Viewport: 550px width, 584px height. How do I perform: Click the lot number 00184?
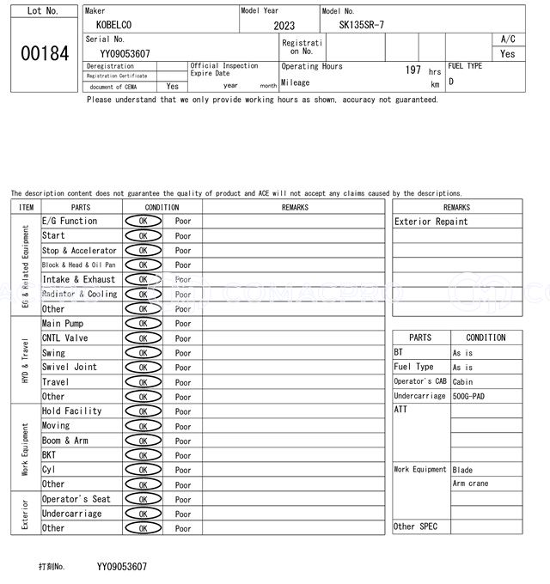click(43, 53)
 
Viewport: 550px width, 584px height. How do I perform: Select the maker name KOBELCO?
click(114, 25)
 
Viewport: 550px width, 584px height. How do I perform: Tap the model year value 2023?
click(284, 26)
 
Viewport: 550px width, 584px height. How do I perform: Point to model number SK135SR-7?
click(362, 25)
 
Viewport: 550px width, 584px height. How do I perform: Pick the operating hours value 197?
click(412, 70)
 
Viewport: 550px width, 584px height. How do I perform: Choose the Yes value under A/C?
click(508, 53)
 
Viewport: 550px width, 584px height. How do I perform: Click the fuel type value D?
click(451, 82)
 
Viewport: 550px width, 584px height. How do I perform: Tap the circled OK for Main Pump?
click(143, 324)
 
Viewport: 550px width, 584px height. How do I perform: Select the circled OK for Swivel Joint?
click(143, 368)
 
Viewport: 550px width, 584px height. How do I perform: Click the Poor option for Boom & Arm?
click(183, 441)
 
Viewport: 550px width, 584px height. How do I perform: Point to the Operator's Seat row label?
click(76, 499)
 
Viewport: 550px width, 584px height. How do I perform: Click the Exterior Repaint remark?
click(431, 222)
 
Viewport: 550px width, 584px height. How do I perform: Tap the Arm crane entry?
click(470, 484)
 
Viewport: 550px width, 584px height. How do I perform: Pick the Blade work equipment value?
click(462, 469)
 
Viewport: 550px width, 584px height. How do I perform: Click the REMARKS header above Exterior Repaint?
click(456, 207)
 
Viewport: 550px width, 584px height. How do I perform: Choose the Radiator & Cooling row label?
click(79, 294)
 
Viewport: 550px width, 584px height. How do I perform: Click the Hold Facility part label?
click(72, 411)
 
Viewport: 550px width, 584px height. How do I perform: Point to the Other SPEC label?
click(415, 526)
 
